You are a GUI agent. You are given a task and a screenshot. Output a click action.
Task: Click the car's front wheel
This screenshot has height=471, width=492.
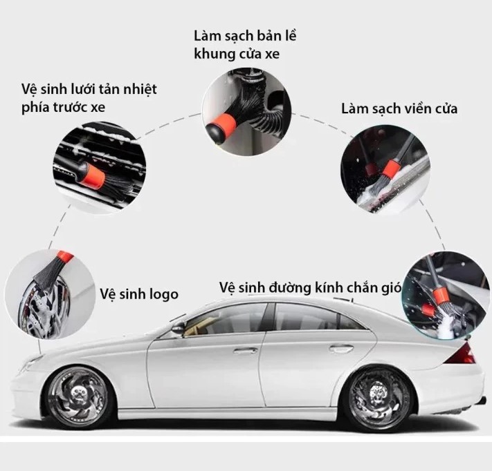(x=78, y=397)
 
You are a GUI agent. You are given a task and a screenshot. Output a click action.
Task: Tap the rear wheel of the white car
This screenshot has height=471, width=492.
(x=379, y=398)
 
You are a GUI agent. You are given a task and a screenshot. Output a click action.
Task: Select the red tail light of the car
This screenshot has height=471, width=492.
(x=462, y=354)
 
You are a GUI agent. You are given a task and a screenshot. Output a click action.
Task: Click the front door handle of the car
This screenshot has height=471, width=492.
(x=246, y=351)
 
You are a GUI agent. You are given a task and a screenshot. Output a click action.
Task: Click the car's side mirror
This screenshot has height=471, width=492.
(x=178, y=327)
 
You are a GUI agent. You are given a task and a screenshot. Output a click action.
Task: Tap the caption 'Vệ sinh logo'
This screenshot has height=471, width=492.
(x=139, y=294)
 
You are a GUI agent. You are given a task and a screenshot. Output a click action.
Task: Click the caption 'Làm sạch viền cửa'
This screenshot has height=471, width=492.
(x=399, y=108)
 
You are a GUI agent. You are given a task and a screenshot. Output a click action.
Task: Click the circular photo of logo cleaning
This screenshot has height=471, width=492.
(x=50, y=294)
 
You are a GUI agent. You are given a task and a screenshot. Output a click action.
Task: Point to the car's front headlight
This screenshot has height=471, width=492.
(x=30, y=363)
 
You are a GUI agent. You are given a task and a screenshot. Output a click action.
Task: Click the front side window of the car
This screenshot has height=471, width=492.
(x=226, y=320)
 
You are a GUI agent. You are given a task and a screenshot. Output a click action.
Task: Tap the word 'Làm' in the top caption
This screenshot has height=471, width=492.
(x=207, y=36)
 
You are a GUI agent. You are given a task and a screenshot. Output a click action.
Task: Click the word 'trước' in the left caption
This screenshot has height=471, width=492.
(x=71, y=108)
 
